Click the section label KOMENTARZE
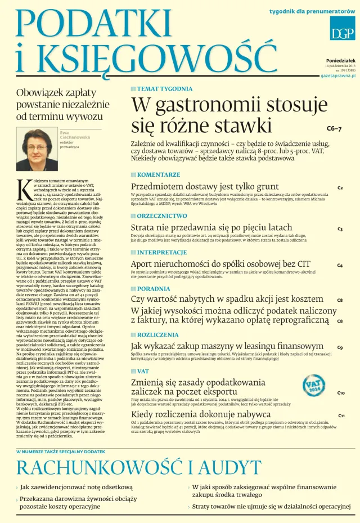pos(159,175)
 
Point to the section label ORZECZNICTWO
pos(162,216)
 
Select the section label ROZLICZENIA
pos(159,334)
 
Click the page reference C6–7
pos(334,129)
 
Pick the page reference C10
pos(341,393)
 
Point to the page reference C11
pos(341,416)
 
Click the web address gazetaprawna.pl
pos(337,75)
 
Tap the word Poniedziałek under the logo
pos(340,61)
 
